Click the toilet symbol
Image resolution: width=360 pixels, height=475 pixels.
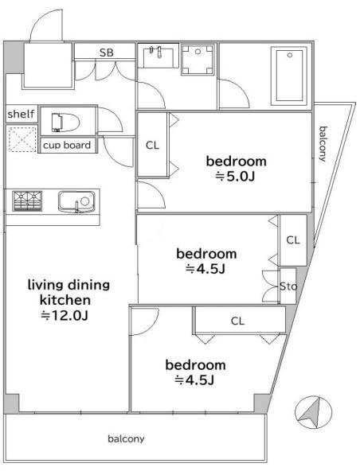65,122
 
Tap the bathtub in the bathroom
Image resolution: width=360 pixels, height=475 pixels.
289,76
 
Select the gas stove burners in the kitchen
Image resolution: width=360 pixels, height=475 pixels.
27,201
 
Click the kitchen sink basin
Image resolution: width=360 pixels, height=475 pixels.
76,201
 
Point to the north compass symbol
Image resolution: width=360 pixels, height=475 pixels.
313,412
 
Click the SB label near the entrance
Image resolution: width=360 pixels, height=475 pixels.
107,53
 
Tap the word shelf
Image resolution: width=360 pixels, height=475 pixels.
21,115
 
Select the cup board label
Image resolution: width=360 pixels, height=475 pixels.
67,146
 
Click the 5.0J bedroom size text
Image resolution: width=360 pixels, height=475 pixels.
235,177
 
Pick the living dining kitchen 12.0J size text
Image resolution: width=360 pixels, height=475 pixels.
65,316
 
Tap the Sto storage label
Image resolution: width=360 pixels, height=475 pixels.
288,286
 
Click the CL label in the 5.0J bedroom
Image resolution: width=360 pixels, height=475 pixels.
152,146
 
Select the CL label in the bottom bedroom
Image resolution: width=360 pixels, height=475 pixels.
237,321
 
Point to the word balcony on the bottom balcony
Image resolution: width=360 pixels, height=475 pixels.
126,438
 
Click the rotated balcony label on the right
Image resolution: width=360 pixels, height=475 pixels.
323,144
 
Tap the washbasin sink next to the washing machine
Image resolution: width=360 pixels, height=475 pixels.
158,56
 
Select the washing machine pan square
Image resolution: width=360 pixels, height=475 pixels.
198,60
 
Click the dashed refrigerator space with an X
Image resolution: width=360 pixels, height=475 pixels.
22,139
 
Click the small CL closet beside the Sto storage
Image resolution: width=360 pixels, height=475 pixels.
293,240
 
